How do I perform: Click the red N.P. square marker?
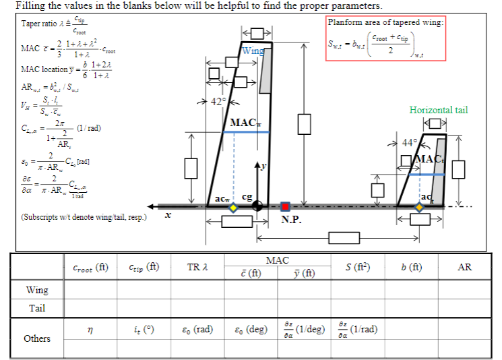285,207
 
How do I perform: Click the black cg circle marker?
257,207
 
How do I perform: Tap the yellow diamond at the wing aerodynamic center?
233,208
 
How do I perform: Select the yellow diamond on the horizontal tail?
420,208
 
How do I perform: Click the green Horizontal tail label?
438,110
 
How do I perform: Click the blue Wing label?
253,51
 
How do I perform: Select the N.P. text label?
292,219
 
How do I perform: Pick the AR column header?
464,267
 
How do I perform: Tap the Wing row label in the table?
37,291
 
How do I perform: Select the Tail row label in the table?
37,308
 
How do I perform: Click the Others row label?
37,338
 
